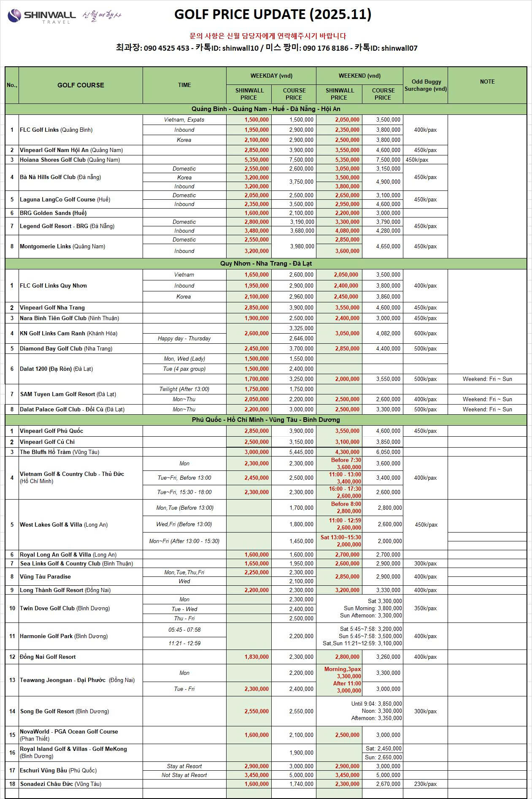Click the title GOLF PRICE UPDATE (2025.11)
tap(273, 14)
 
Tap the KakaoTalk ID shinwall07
tap(399, 48)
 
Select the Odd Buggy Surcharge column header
tap(425, 85)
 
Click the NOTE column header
tap(487, 82)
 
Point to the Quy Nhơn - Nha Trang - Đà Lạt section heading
tap(266, 264)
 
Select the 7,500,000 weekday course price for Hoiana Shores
tap(301, 160)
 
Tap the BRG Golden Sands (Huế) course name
tap(53, 213)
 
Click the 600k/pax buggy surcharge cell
tap(425, 333)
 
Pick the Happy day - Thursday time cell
tap(184, 338)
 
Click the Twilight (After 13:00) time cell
tap(184, 389)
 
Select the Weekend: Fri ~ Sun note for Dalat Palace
tap(487, 409)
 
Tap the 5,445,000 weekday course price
tap(301, 452)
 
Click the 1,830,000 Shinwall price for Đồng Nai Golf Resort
tap(257, 657)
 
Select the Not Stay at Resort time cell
tap(184, 775)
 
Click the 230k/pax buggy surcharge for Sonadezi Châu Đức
tap(425, 784)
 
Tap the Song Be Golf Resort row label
tap(65, 711)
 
